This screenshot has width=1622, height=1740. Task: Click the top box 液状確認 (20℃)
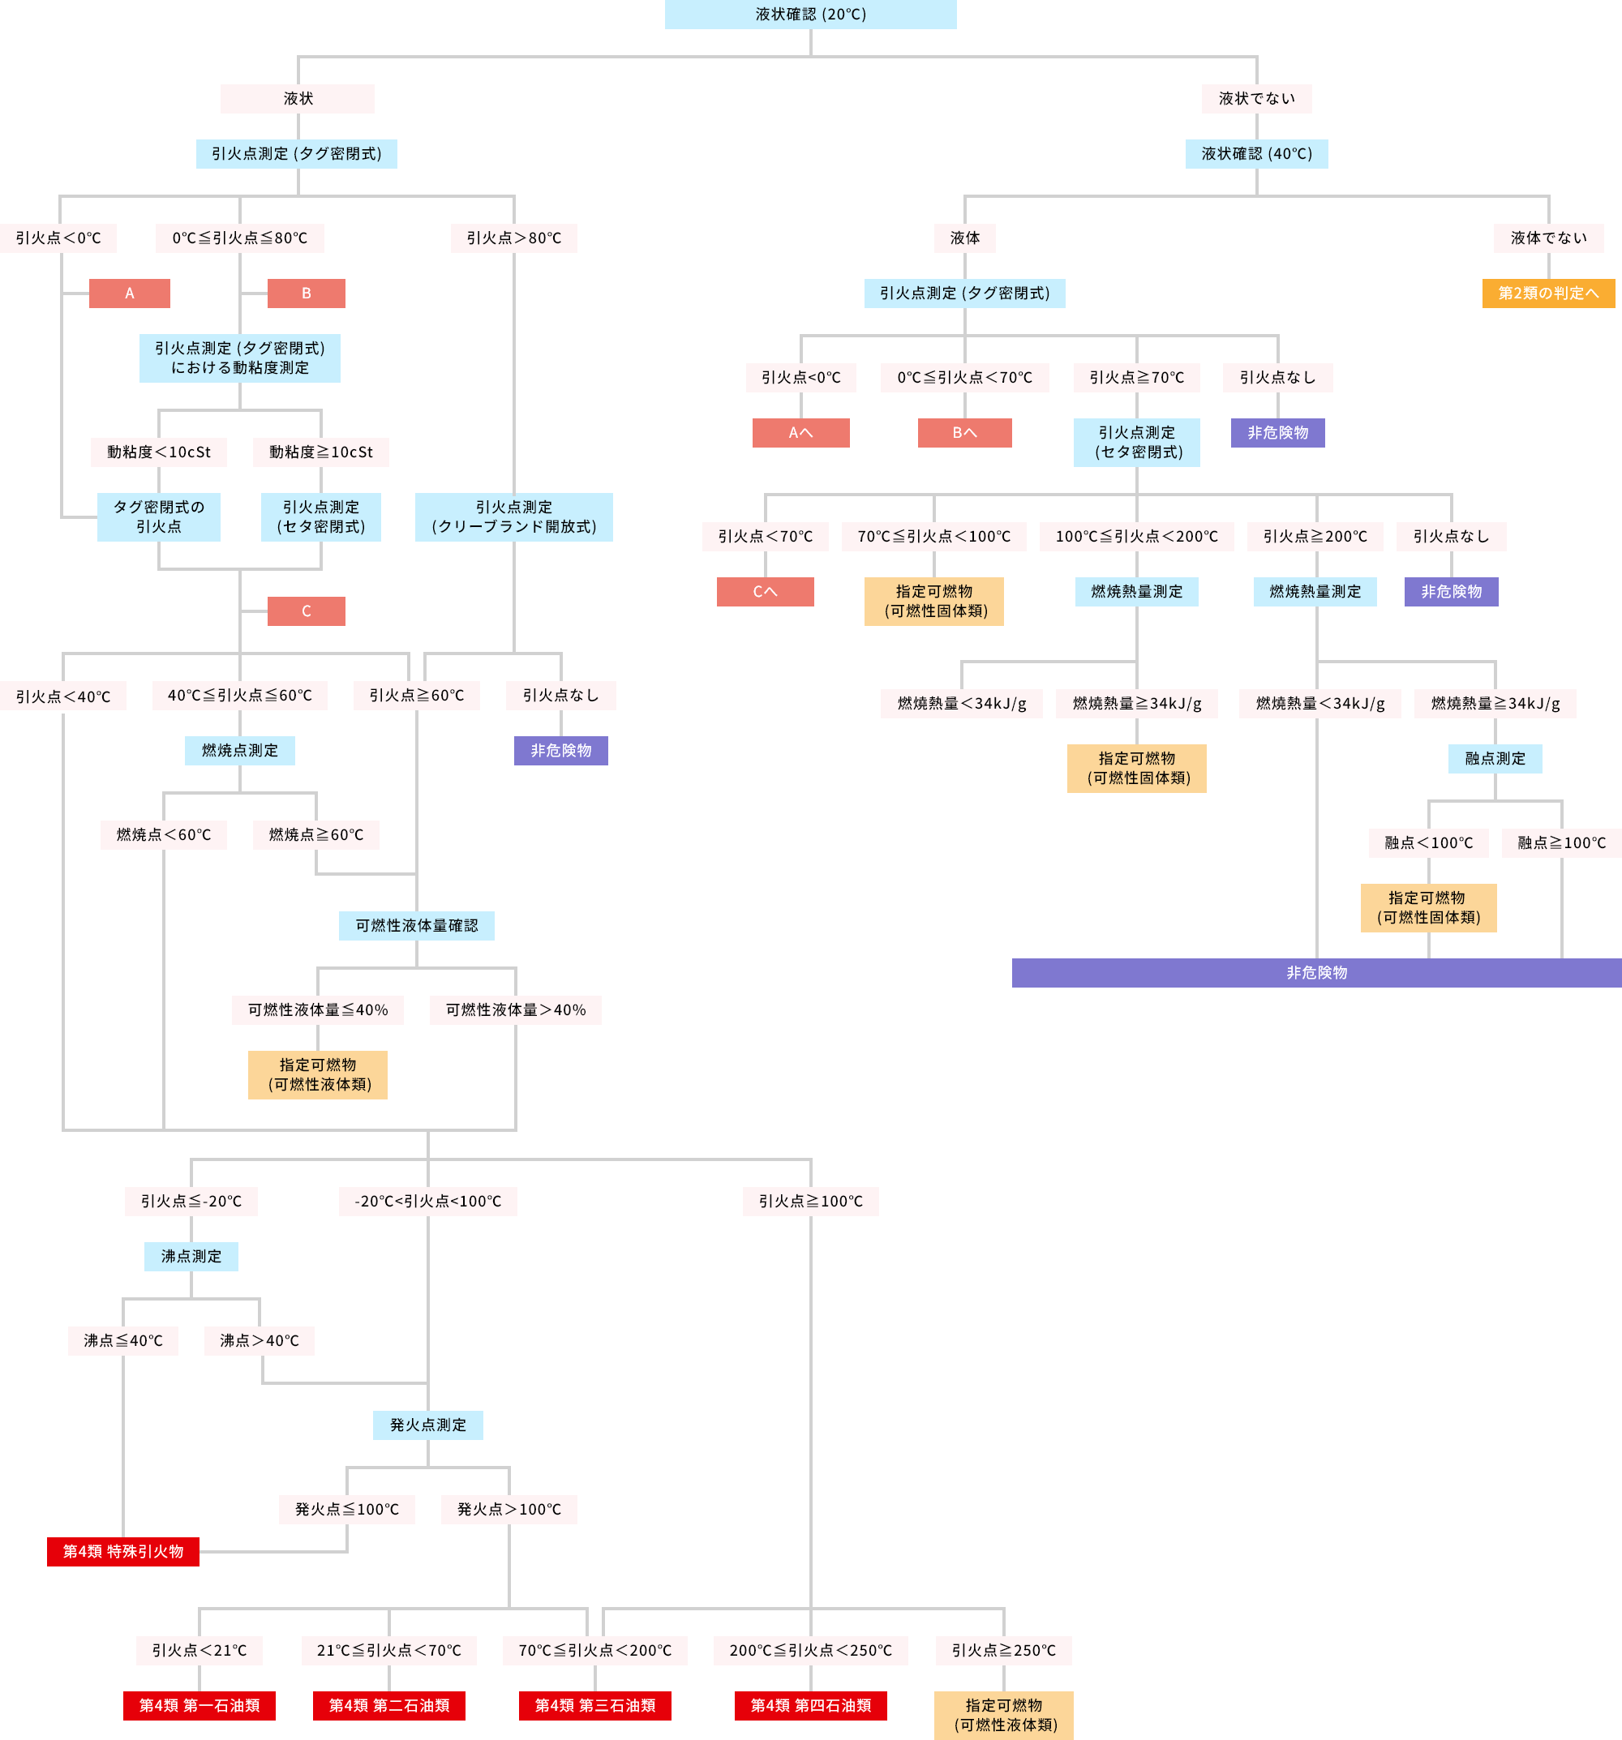(x=809, y=14)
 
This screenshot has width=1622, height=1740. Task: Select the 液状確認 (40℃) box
(x=1256, y=153)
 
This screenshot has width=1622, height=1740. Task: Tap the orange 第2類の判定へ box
(x=1547, y=294)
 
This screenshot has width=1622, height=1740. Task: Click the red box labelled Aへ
(x=800, y=432)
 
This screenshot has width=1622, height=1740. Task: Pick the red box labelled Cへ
(x=764, y=592)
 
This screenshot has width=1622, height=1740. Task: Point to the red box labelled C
(x=306, y=611)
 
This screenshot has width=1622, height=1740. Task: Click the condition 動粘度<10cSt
(x=158, y=452)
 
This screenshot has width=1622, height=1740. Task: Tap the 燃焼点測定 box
(x=239, y=750)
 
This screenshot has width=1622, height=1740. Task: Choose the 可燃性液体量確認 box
(x=416, y=925)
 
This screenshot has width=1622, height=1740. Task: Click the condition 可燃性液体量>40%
(x=516, y=1009)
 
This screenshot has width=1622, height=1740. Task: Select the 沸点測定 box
(x=191, y=1256)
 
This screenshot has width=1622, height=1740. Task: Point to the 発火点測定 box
(x=427, y=1425)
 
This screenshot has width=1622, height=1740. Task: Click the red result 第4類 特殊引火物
(x=122, y=1551)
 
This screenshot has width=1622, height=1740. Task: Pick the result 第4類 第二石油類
(x=388, y=1705)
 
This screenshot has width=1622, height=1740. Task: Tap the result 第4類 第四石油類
(x=809, y=1705)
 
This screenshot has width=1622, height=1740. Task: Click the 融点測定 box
(x=1494, y=758)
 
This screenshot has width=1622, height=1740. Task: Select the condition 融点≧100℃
(x=1560, y=842)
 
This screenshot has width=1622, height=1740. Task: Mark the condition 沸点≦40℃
(x=122, y=1340)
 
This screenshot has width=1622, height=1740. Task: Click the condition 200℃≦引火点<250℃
(x=809, y=1650)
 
